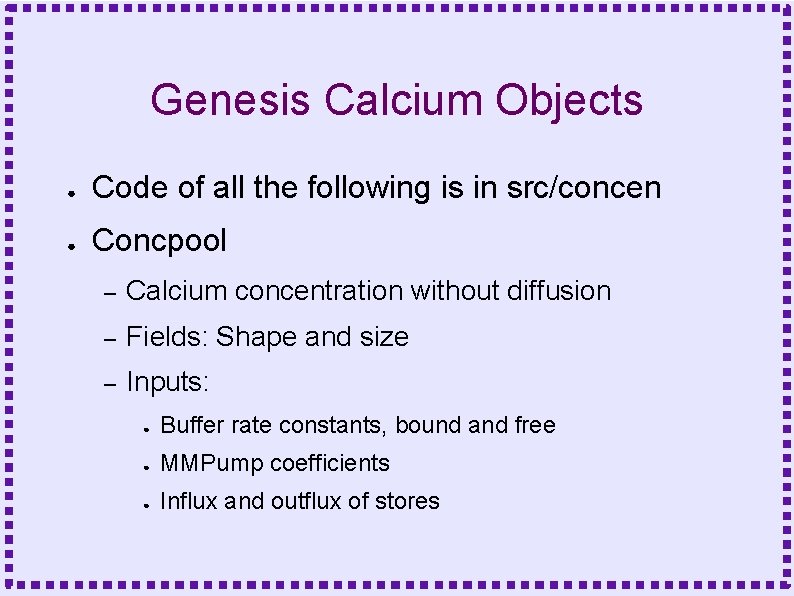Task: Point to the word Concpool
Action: pyautogui.click(x=159, y=240)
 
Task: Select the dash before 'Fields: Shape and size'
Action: pyautogui.click(x=111, y=338)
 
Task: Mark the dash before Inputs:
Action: pyautogui.click(x=111, y=383)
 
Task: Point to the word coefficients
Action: pyautogui.click(x=330, y=463)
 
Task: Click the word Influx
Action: pyautogui.click(x=189, y=501)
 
